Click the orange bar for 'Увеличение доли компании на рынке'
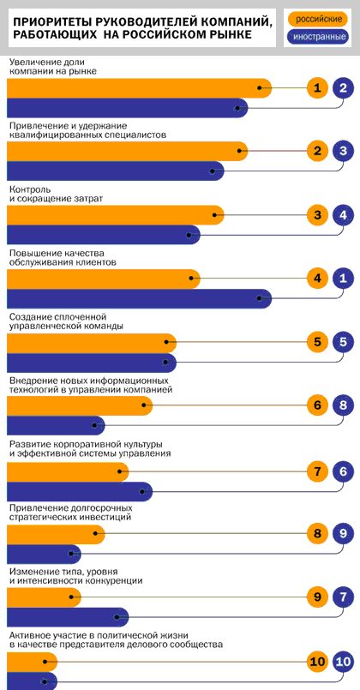pos(140,88)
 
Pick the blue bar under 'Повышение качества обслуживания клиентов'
pos(140,298)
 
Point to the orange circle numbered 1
pos(318,88)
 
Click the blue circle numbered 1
pos(343,278)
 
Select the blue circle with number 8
pos(343,405)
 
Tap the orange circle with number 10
pos(318,661)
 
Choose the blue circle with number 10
pos(343,661)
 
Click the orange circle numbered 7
pos(318,471)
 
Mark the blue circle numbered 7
pos(343,597)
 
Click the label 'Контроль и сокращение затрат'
pos(56,194)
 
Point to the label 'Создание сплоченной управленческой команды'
pos(66,321)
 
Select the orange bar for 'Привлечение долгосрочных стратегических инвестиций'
pos(57,534)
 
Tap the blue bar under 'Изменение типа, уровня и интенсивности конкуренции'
pos(68,617)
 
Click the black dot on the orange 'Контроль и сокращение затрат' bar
pos(214,215)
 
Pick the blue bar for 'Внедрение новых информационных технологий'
pos(57,425)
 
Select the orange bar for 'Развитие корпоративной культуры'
pos(68,471)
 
